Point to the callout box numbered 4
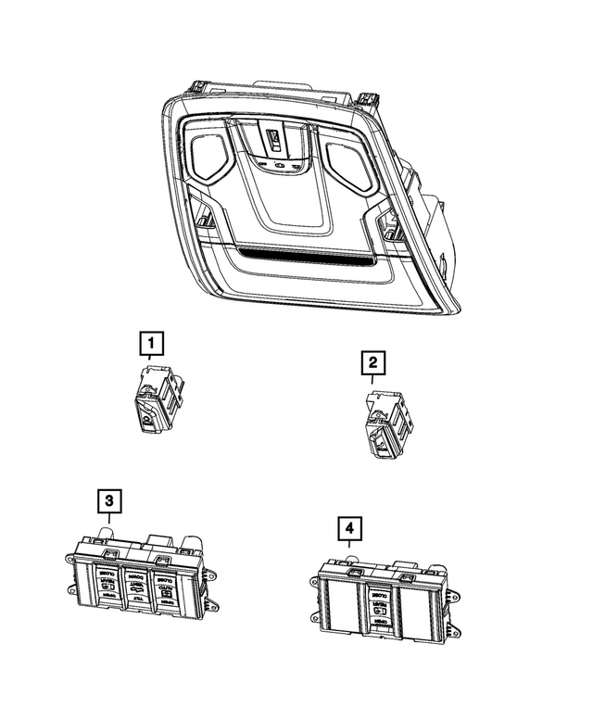pyautogui.click(x=348, y=528)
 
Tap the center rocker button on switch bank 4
pyautogui.click(x=378, y=604)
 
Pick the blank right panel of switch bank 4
pyautogui.click(x=414, y=606)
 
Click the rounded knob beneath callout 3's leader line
pyautogui.click(x=105, y=532)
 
